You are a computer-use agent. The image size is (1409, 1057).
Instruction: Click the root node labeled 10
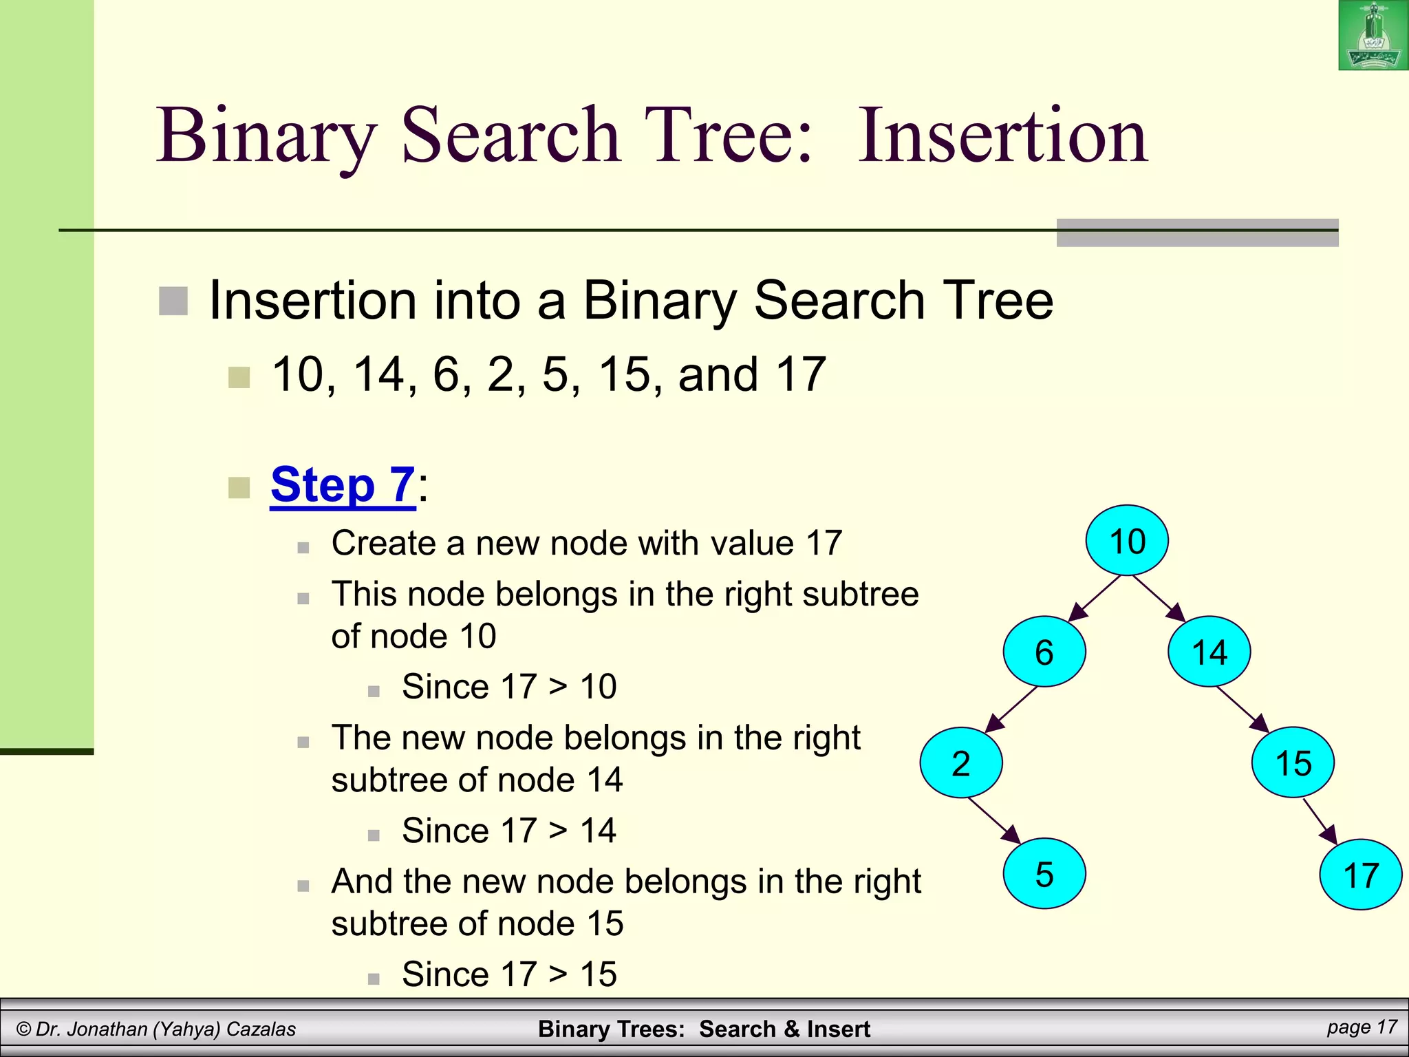tap(1127, 540)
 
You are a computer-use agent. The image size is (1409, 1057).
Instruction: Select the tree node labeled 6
tap(1044, 652)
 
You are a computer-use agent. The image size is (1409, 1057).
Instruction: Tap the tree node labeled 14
tap(1209, 652)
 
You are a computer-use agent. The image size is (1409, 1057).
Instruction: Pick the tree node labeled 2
tap(961, 762)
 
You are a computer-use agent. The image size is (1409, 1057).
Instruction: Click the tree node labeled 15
tap(1293, 762)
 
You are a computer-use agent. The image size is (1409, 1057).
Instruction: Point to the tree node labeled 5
tap(1044, 874)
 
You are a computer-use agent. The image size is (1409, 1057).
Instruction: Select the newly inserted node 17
tap(1360, 875)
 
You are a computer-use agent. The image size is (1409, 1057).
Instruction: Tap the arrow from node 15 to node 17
tap(1320, 821)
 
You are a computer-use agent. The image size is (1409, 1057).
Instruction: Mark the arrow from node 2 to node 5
tap(995, 820)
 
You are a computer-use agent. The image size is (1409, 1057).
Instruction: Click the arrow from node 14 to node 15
tap(1243, 709)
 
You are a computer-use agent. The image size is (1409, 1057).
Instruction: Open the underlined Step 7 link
tap(343, 484)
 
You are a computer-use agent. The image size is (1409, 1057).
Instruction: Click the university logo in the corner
tap(1373, 35)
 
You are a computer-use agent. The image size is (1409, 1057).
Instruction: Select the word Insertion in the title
tap(1002, 135)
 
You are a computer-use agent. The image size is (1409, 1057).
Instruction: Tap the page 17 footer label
tap(1362, 1027)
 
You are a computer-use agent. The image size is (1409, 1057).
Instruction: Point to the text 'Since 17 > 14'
tap(508, 830)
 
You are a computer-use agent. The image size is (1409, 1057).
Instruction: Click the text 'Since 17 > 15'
tap(508, 974)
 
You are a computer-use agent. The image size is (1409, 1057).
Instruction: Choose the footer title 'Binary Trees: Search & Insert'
tap(704, 1029)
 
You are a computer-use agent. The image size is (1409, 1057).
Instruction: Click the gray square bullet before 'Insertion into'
tap(173, 301)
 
